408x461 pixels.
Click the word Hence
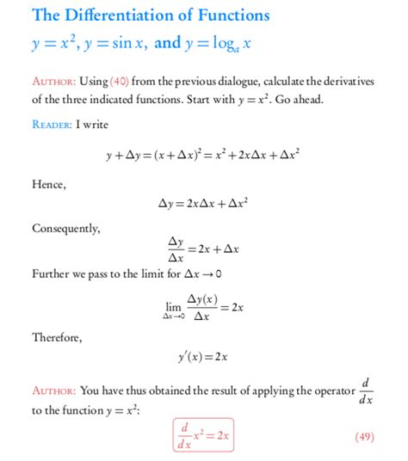pos(48,184)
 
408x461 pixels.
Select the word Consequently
pos(66,228)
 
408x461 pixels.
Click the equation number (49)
pos(364,437)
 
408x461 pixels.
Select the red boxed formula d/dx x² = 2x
pos(203,437)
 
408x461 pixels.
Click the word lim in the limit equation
pos(174,306)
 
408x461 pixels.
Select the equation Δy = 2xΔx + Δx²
pos(204,205)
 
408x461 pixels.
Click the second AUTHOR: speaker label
pos(53,390)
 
